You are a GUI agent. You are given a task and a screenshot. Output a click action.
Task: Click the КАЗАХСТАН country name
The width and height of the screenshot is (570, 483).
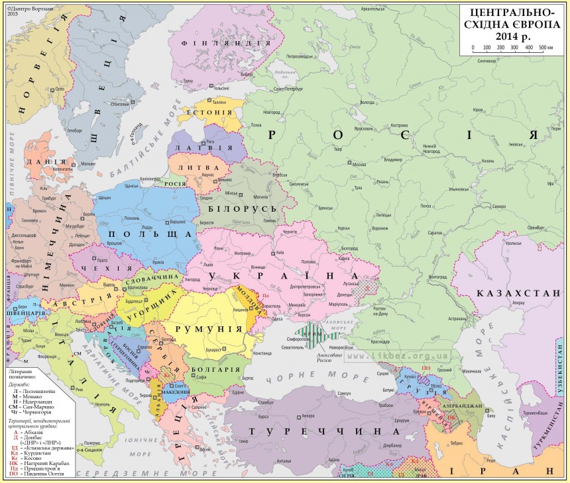point(514,292)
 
